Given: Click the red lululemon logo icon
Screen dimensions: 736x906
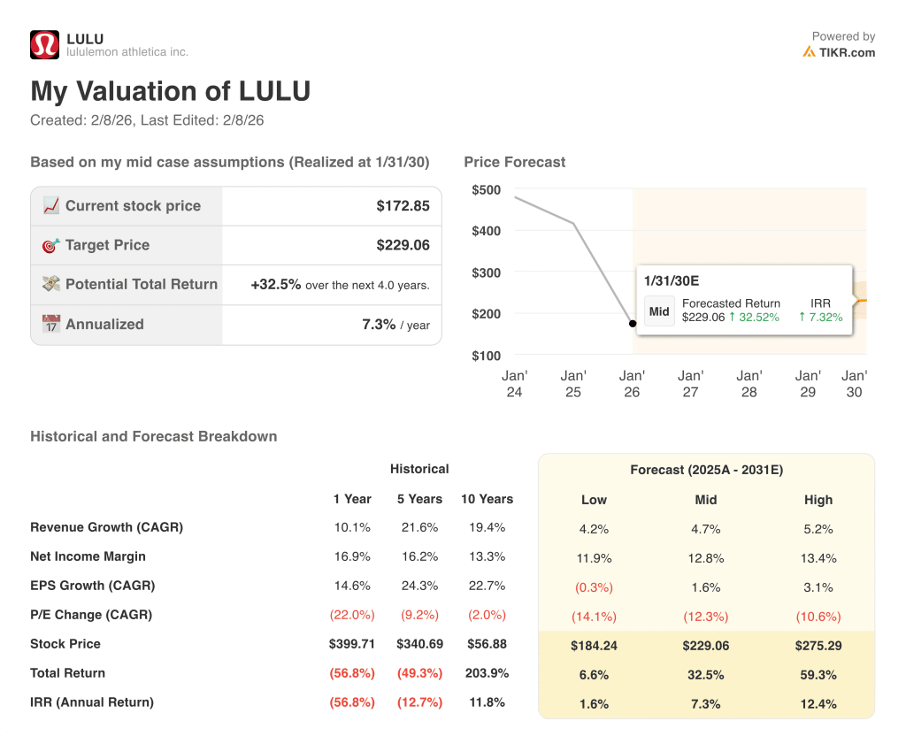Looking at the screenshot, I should coord(44,45).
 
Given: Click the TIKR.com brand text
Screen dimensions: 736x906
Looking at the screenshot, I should coord(846,52).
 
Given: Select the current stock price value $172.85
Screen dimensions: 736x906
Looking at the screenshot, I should coord(403,206).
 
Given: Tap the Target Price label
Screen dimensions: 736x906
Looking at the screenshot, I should coord(107,245).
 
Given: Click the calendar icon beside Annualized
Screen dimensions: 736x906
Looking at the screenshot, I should coord(50,325).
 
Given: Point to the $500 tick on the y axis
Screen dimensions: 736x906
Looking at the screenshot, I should coord(486,190).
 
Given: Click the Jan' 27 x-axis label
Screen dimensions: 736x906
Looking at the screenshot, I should coord(690,384).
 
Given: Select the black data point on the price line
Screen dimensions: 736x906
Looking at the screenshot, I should coord(632,324).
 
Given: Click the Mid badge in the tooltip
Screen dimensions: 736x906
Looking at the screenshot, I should coord(659,311).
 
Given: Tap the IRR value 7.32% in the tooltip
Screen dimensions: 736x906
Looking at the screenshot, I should coord(820,317).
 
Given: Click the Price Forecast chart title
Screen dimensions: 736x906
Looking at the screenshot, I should coord(514,162).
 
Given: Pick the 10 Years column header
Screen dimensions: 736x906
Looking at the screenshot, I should coord(487,499).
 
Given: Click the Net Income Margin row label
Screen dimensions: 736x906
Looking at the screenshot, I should coord(88,556).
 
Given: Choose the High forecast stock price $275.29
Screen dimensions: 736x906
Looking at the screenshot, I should coord(818,646).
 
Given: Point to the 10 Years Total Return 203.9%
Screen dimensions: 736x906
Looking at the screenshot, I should coord(487,673).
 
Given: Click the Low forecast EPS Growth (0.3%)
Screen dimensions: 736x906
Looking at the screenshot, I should coord(594,587).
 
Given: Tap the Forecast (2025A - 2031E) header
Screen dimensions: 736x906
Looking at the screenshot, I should coord(706,470).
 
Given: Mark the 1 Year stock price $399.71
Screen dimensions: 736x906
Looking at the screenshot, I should coord(352,644).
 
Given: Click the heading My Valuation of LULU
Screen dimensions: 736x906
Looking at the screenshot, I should coord(170,92).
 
